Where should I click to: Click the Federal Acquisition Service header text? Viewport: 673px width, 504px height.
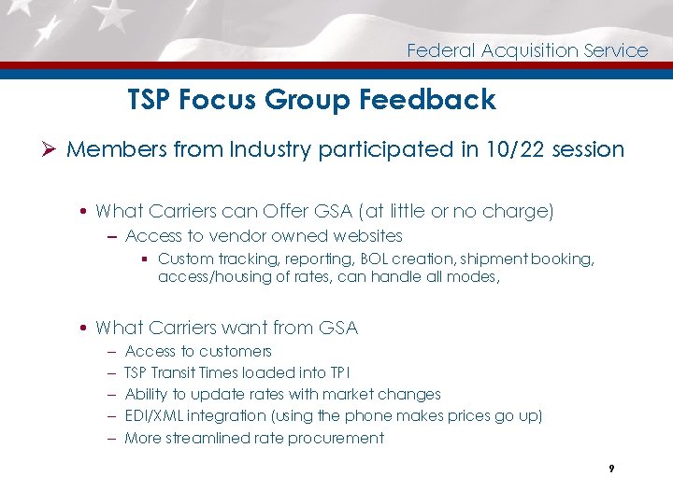pyautogui.click(x=527, y=50)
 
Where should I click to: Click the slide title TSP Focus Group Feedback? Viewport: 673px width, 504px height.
pyautogui.click(x=311, y=100)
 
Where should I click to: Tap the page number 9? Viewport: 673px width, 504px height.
pyautogui.click(x=610, y=469)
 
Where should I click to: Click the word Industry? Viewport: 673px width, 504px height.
pyautogui.click(x=274, y=149)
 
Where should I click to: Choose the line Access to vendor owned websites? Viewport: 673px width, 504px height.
pyautogui.click(x=264, y=236)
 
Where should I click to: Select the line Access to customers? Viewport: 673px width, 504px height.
pyautogui.click(x=198, y=351)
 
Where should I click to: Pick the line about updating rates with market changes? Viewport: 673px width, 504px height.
pyautogui.click(x=282, y=394)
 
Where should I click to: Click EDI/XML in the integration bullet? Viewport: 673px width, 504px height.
pyautogui.click(x=155, y=415)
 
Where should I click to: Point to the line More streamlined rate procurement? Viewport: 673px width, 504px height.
pyautogui.click(x=254, y=438)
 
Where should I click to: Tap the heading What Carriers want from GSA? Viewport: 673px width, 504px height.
pyautogui.click(x=226, y=328)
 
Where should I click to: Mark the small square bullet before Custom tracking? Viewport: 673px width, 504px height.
pyautogui.click(x=147, y=259)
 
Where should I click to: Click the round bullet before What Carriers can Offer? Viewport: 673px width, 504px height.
pyautogui.click(x=85, y=213)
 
